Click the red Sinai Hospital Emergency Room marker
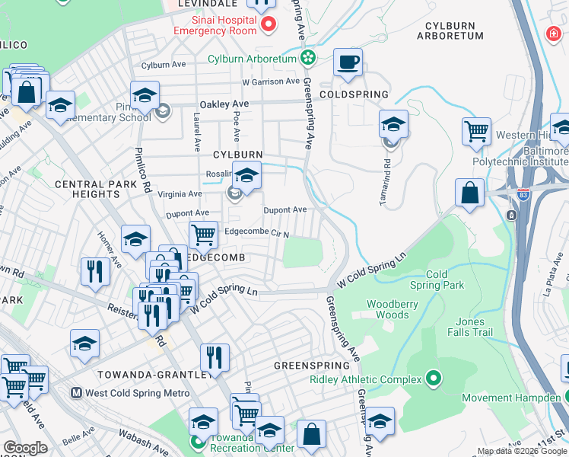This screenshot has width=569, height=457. pyautogui.click(x=268, y=25)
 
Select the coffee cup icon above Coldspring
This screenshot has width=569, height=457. pyautogui.click(x=348, y=62)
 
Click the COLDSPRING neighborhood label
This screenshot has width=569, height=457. pyautogui.click(x=354, y=94)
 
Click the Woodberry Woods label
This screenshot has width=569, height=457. pyautogui.click(x=388, y=309)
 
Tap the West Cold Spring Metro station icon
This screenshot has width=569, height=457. pyautogui.click(x=76, y=393)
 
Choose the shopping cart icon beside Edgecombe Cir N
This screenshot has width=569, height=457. pyautogui.click(x=202, y=235)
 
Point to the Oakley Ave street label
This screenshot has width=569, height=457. pyautogui.click(x=224, y=104)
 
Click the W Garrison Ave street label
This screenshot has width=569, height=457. pyautogui.click(x=271, y=81)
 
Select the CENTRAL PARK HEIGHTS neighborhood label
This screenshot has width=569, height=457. pyautogui.click(x=87, y=190)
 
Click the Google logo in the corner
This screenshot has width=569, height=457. pyautogui.click(x=24, y=448)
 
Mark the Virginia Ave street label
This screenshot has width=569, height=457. pyautogui.click(x=180, y=194)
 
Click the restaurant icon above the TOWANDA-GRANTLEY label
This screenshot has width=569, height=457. pyautogui.click(x=215, y=356)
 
